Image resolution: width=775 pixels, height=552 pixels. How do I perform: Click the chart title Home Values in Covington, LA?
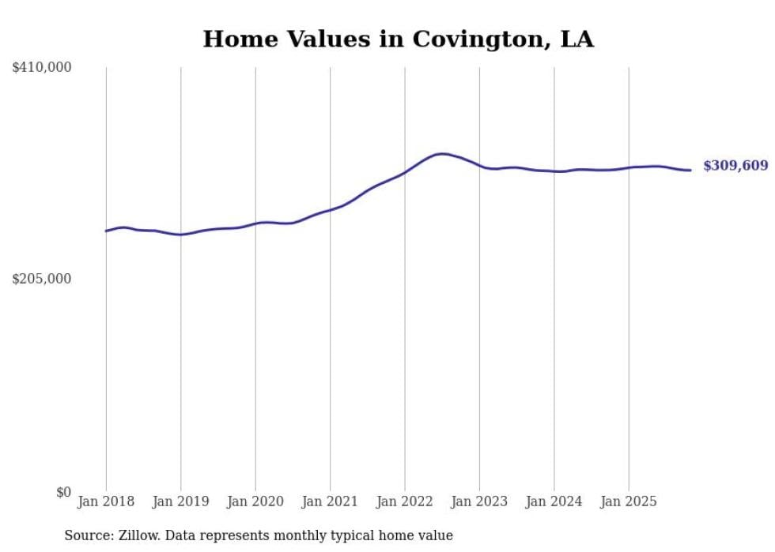[x=398, y=39]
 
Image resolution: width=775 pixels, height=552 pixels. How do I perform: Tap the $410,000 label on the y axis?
[x=41, y=68]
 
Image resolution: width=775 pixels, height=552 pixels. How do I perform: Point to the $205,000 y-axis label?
[x=41, y=279]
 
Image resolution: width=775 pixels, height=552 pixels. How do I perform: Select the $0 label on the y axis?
[x=63, y=492]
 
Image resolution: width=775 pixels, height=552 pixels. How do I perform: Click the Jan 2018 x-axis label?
[x=106, y=501]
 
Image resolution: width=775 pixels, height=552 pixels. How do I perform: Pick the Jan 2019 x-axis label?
[x=181, y=501]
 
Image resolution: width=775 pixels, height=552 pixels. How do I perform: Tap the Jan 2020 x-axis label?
[x=255, y=501]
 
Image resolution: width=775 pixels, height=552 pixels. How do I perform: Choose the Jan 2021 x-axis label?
[x=331, y=501]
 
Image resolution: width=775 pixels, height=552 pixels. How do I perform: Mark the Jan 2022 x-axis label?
[x=405, y=501]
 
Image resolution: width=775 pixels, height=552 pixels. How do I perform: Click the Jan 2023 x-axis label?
[x=479, y=501]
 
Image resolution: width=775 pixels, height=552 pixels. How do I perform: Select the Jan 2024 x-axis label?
[x=554, y=501]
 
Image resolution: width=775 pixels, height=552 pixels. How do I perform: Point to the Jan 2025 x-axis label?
[x=629, y=501]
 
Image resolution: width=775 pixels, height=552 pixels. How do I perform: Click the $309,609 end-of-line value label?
[x=735, y=166]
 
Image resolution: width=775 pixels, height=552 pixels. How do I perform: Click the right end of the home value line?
[x=690, y=170]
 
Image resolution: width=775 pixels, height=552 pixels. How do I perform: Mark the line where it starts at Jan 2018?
[x=106, y=231]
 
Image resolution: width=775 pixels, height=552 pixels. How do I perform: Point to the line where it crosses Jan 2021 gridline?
[x=331, y=209]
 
